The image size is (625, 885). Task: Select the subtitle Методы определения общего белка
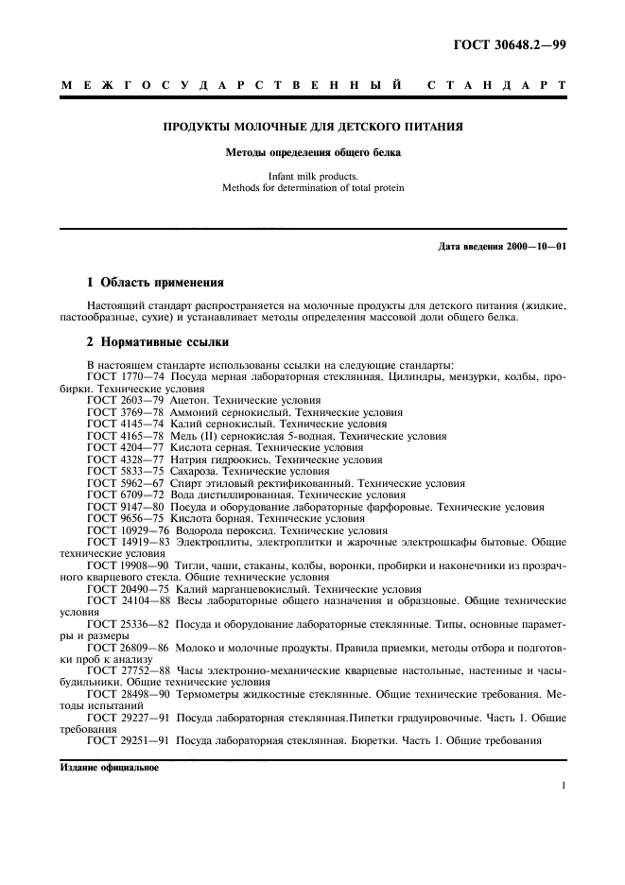313,151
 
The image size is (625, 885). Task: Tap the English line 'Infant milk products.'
313,176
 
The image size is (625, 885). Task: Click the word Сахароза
198,471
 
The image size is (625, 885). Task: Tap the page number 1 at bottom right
563,787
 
